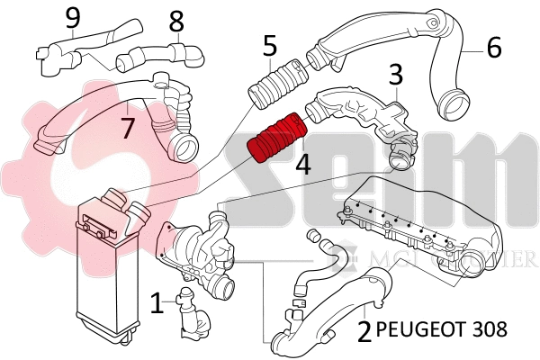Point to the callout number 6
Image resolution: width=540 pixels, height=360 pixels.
[x=493, y=47]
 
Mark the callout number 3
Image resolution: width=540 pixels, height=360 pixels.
[x=394, y=76]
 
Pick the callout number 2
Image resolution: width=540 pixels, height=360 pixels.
[x=364, y=331]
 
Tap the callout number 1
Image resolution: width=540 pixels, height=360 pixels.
[x=157, y=302]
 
